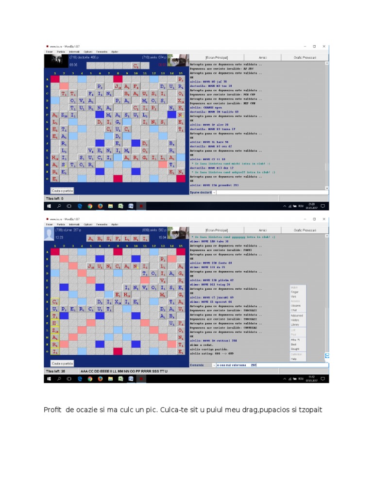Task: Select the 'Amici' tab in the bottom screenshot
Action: tap(262, 230)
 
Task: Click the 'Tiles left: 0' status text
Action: tap(54, 199)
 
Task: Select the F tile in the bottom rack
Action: tap(118, 238)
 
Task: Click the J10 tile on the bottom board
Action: tap(91, 266)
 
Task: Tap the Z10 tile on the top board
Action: tap(64, 115)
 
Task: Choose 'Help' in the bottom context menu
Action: tap(293, 359)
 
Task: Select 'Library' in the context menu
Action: tap(295, 325)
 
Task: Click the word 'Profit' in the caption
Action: tap(52, 410)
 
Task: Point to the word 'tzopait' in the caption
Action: tap(310, 410)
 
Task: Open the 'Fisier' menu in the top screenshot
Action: tap(49, 51)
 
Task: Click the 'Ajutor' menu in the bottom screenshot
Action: tap(115, 224)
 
